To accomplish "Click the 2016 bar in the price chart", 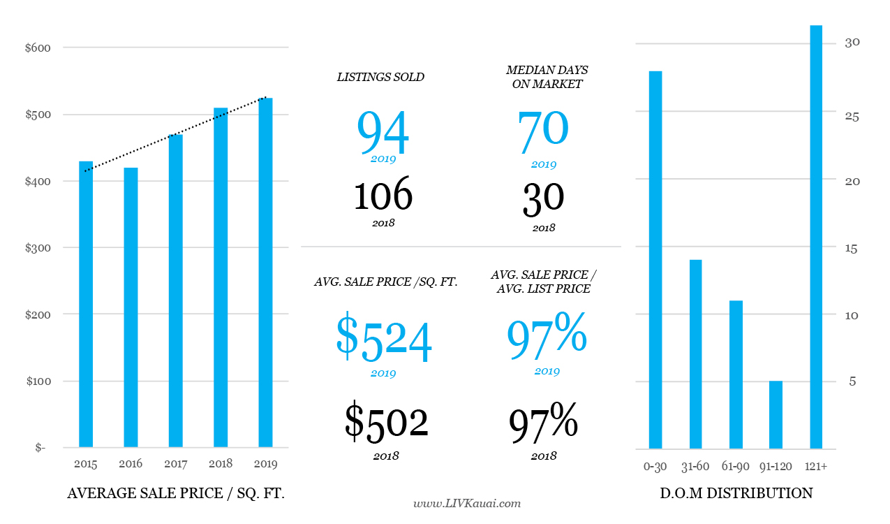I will coord(131,307).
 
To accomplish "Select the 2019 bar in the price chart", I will coord(265,272).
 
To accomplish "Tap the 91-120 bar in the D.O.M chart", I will coord(776,414).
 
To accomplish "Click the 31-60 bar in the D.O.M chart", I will coord(696,354).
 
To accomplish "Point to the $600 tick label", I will coord(37,48).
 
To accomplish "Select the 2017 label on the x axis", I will coord(175,464).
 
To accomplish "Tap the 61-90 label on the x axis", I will coord(736,465).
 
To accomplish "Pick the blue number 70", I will coord(543,129).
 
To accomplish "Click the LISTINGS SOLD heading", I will coord(380,78).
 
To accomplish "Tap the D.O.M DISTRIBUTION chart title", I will coord(736,493).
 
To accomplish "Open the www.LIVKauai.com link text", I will coord(467,503).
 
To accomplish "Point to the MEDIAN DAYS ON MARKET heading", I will coord(547,78).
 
